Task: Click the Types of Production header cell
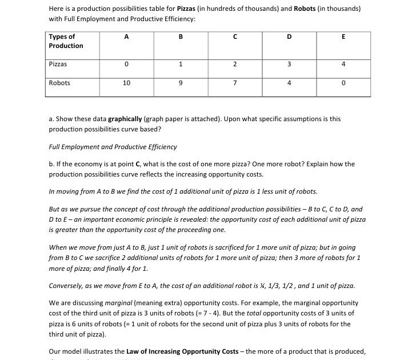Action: click(x=66, y=41)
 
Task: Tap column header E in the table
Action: click(x=343, y=37)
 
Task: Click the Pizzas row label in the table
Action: click(x=59, y=65)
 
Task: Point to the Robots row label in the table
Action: click(x=59, y=83)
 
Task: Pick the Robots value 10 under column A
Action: click(x=126, y=83)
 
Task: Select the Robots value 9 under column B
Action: click(x=181, y=83)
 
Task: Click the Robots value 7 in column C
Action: click(x=235, y=83)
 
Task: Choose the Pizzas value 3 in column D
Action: click(x=289, y=65)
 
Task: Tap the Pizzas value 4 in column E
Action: click(x=343, y=65)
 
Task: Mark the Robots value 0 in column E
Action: click(x=343, y=83)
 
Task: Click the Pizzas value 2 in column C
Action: click(x=235, y=65)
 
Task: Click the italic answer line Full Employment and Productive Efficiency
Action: click(x=113, y=147)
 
